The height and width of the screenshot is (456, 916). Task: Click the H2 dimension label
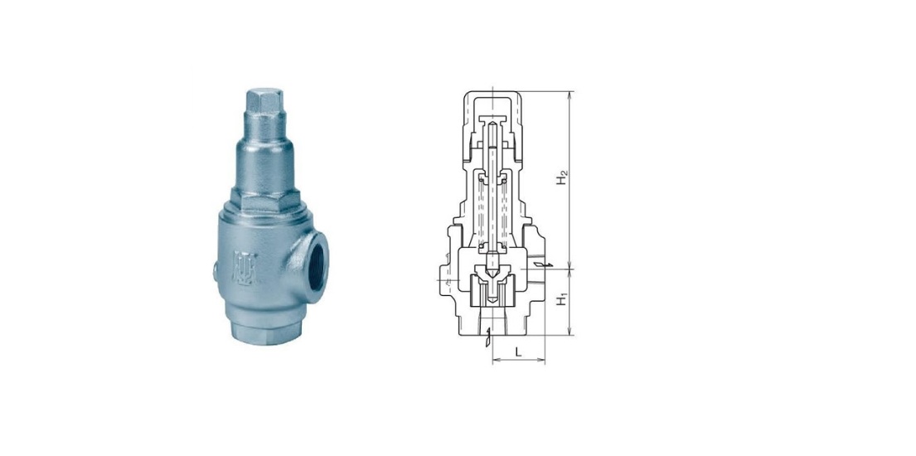tap(562, 177)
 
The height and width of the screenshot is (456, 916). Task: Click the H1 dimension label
tap(562, 300)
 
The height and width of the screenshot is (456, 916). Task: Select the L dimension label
tap(518, 352)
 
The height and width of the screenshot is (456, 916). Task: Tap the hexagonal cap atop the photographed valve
tap(264, 102)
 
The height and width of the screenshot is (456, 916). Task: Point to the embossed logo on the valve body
tap(245, 268)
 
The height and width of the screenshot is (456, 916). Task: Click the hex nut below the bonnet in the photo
tap(266, 201)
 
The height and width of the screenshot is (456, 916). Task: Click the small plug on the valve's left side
tap(216, 271)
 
